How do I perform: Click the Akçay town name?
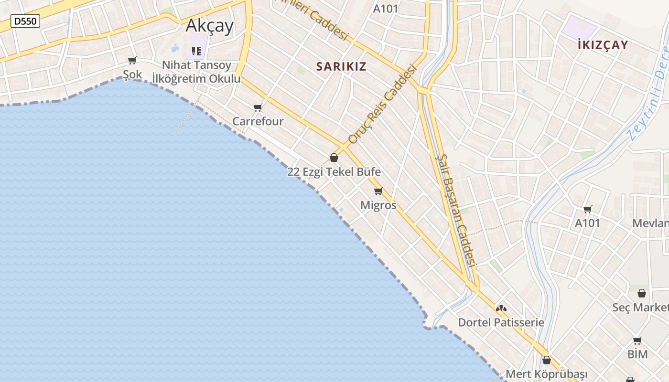click(209, 25)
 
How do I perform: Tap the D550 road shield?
click(25, 21)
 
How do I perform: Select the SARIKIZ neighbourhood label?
click(341, 67)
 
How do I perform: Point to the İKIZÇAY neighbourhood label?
click(603, 45)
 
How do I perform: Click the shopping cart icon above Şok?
click(132, 60)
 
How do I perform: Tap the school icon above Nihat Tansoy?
click(196, 51)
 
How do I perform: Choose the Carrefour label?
click(258, 121)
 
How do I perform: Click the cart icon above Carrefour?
click(258, 107)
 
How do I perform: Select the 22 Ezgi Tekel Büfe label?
click(334, 172)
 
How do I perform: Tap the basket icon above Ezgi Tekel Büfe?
click(334, 158)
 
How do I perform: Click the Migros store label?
click(378, 205)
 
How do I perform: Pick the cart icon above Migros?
click(378, 191)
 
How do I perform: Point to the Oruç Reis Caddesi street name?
click(383, 105)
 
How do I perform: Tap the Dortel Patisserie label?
click(501, 322)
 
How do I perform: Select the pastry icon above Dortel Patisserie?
click(501, 309)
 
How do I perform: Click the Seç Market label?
click(640, 308)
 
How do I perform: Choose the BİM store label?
click(637, 354)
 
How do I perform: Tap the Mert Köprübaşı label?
click(547, 374)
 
